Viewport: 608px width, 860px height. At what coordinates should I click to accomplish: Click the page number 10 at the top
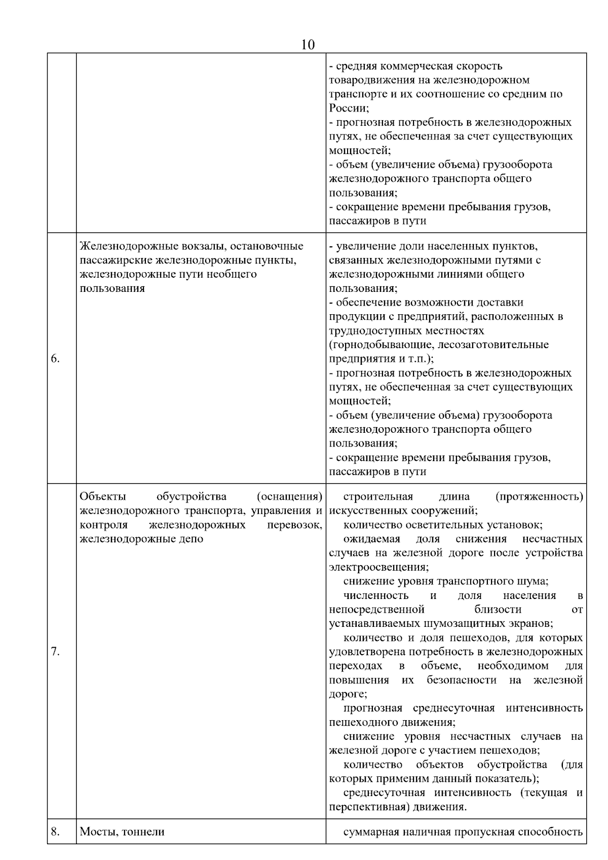pyautogui.click(x=308, y=45)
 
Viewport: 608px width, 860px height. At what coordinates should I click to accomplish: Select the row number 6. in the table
pyautogui.click(x=56, y=359)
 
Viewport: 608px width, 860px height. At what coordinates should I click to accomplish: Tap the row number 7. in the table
pyautogui.click(x=56, y=652)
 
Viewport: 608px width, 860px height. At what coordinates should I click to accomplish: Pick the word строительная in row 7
pyautogui.click(x=378, y=496)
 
